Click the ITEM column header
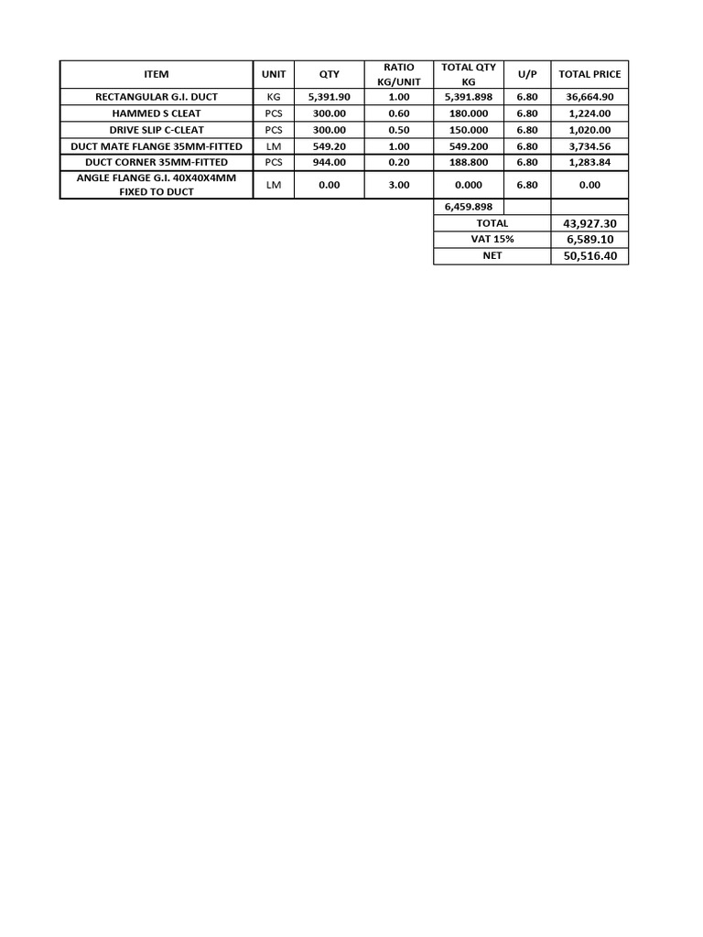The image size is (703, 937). [157, 74]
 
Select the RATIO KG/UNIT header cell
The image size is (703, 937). [398, 74]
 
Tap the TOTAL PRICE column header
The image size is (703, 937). [589, 74]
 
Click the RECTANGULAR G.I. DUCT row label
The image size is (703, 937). [157, 97]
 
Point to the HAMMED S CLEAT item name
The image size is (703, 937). [157, 113]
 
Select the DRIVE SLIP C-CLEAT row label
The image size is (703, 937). [157, 130]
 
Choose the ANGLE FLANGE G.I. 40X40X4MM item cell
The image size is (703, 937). [157, 185]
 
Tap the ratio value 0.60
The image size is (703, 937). [398, 113]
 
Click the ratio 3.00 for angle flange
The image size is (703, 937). [398, 185]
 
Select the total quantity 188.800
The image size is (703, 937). [469, 162]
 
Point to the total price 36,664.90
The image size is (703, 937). [589, 97]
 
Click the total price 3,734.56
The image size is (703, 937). [589, 146]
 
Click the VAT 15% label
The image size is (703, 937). [492, 239]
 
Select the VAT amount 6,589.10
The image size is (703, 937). [589, 239]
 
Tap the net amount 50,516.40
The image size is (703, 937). [589, 256]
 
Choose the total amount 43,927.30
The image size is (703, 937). [589, 223]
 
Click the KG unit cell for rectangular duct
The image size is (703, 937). [274, 97]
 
